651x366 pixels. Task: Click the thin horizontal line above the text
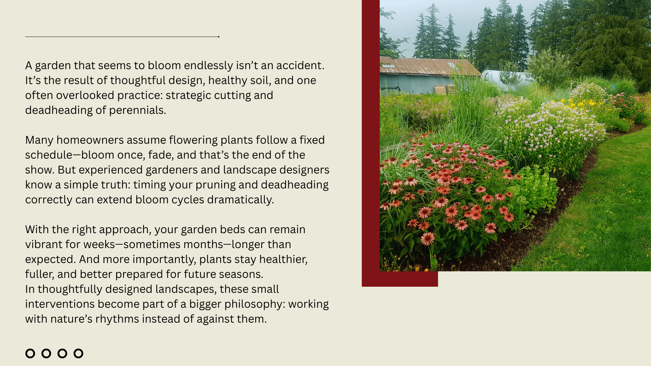click(122, 37)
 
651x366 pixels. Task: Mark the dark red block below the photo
click(400, 279)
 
